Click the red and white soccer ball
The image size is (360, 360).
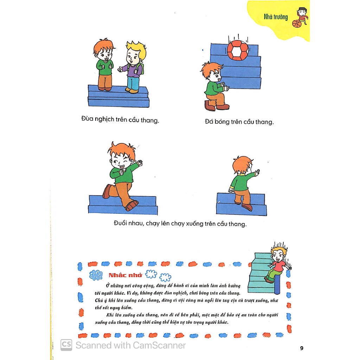[x=238, y=50]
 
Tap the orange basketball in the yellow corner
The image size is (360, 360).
[x=297, y=24]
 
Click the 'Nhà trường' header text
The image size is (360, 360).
[x=276, y=17]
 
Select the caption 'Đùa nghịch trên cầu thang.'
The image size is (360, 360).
[x=120, y=120]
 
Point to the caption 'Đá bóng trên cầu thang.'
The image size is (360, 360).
[x=239, y=122]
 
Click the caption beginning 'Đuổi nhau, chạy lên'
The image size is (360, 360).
[x=180, y=224]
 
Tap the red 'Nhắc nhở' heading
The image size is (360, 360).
[x=126, y=275]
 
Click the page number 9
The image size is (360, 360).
[x=302, y=348]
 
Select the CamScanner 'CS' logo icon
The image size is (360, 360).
[x=66, y=345]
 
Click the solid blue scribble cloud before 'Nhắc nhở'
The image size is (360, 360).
[x=96, y=275]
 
